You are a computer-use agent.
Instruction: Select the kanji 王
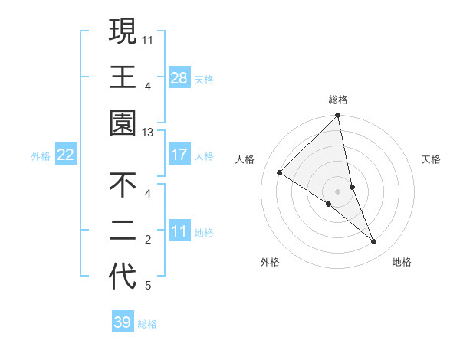[x=123, y=77]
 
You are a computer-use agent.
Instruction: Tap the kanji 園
[x=123, y=123]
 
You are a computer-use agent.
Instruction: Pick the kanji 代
[x=123, y=277]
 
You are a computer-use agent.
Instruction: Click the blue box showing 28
[x=179, y=78]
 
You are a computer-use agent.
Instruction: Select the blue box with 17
[x=179, y=155]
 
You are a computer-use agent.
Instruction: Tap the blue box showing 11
[x=179, y=231]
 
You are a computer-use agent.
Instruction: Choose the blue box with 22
[x=66, y=155]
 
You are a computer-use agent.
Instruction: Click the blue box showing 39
[x=123, y=322]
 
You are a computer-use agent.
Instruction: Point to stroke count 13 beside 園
[x=147, y=133]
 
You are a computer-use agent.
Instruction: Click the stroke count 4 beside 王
[x=147, y=86]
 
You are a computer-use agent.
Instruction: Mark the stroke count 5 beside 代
[x=147, y=286]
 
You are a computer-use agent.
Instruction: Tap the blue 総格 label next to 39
[x=147, y=324]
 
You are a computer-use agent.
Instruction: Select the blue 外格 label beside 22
[x=41, y=156]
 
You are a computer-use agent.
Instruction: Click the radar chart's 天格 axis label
[x=432, y=159]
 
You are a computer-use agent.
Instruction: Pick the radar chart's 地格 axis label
[x=402, y=262]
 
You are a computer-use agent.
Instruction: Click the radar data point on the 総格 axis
[x=337, y=116]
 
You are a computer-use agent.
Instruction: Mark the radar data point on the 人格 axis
[x=280, y=173]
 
